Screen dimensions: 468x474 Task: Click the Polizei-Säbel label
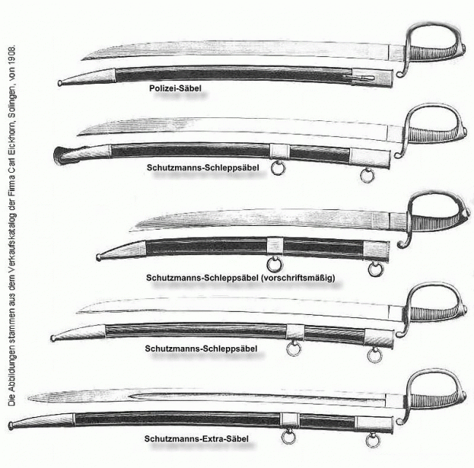(x=171, y=89)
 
